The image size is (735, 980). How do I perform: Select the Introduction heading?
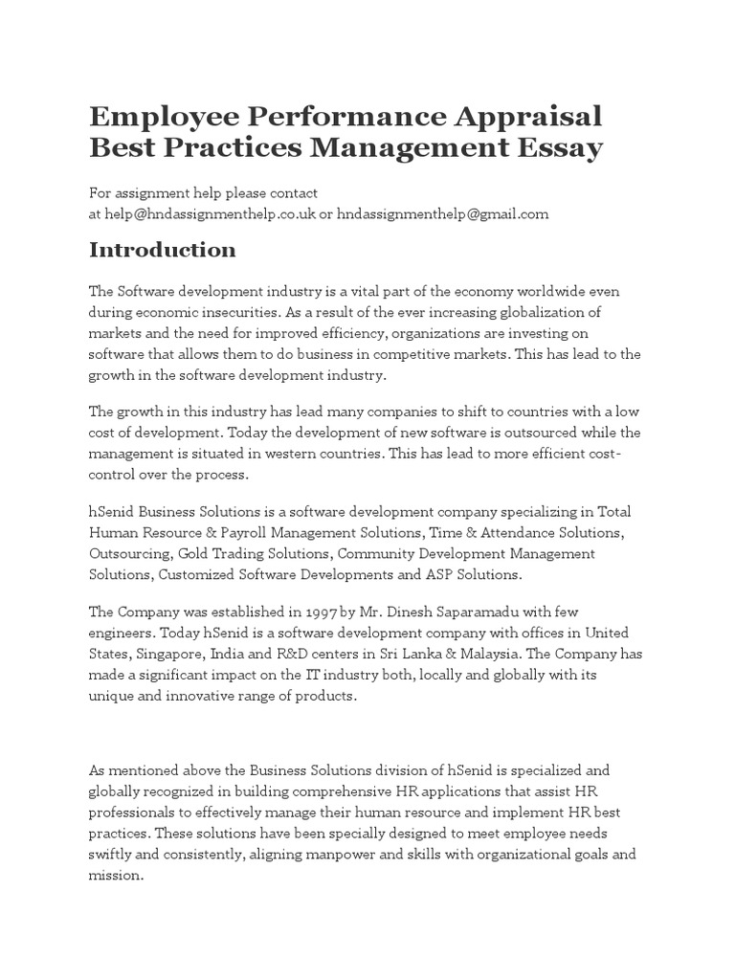(162, 250)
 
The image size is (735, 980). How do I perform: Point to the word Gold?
(193, 553)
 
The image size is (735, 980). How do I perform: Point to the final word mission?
(114, 875)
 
